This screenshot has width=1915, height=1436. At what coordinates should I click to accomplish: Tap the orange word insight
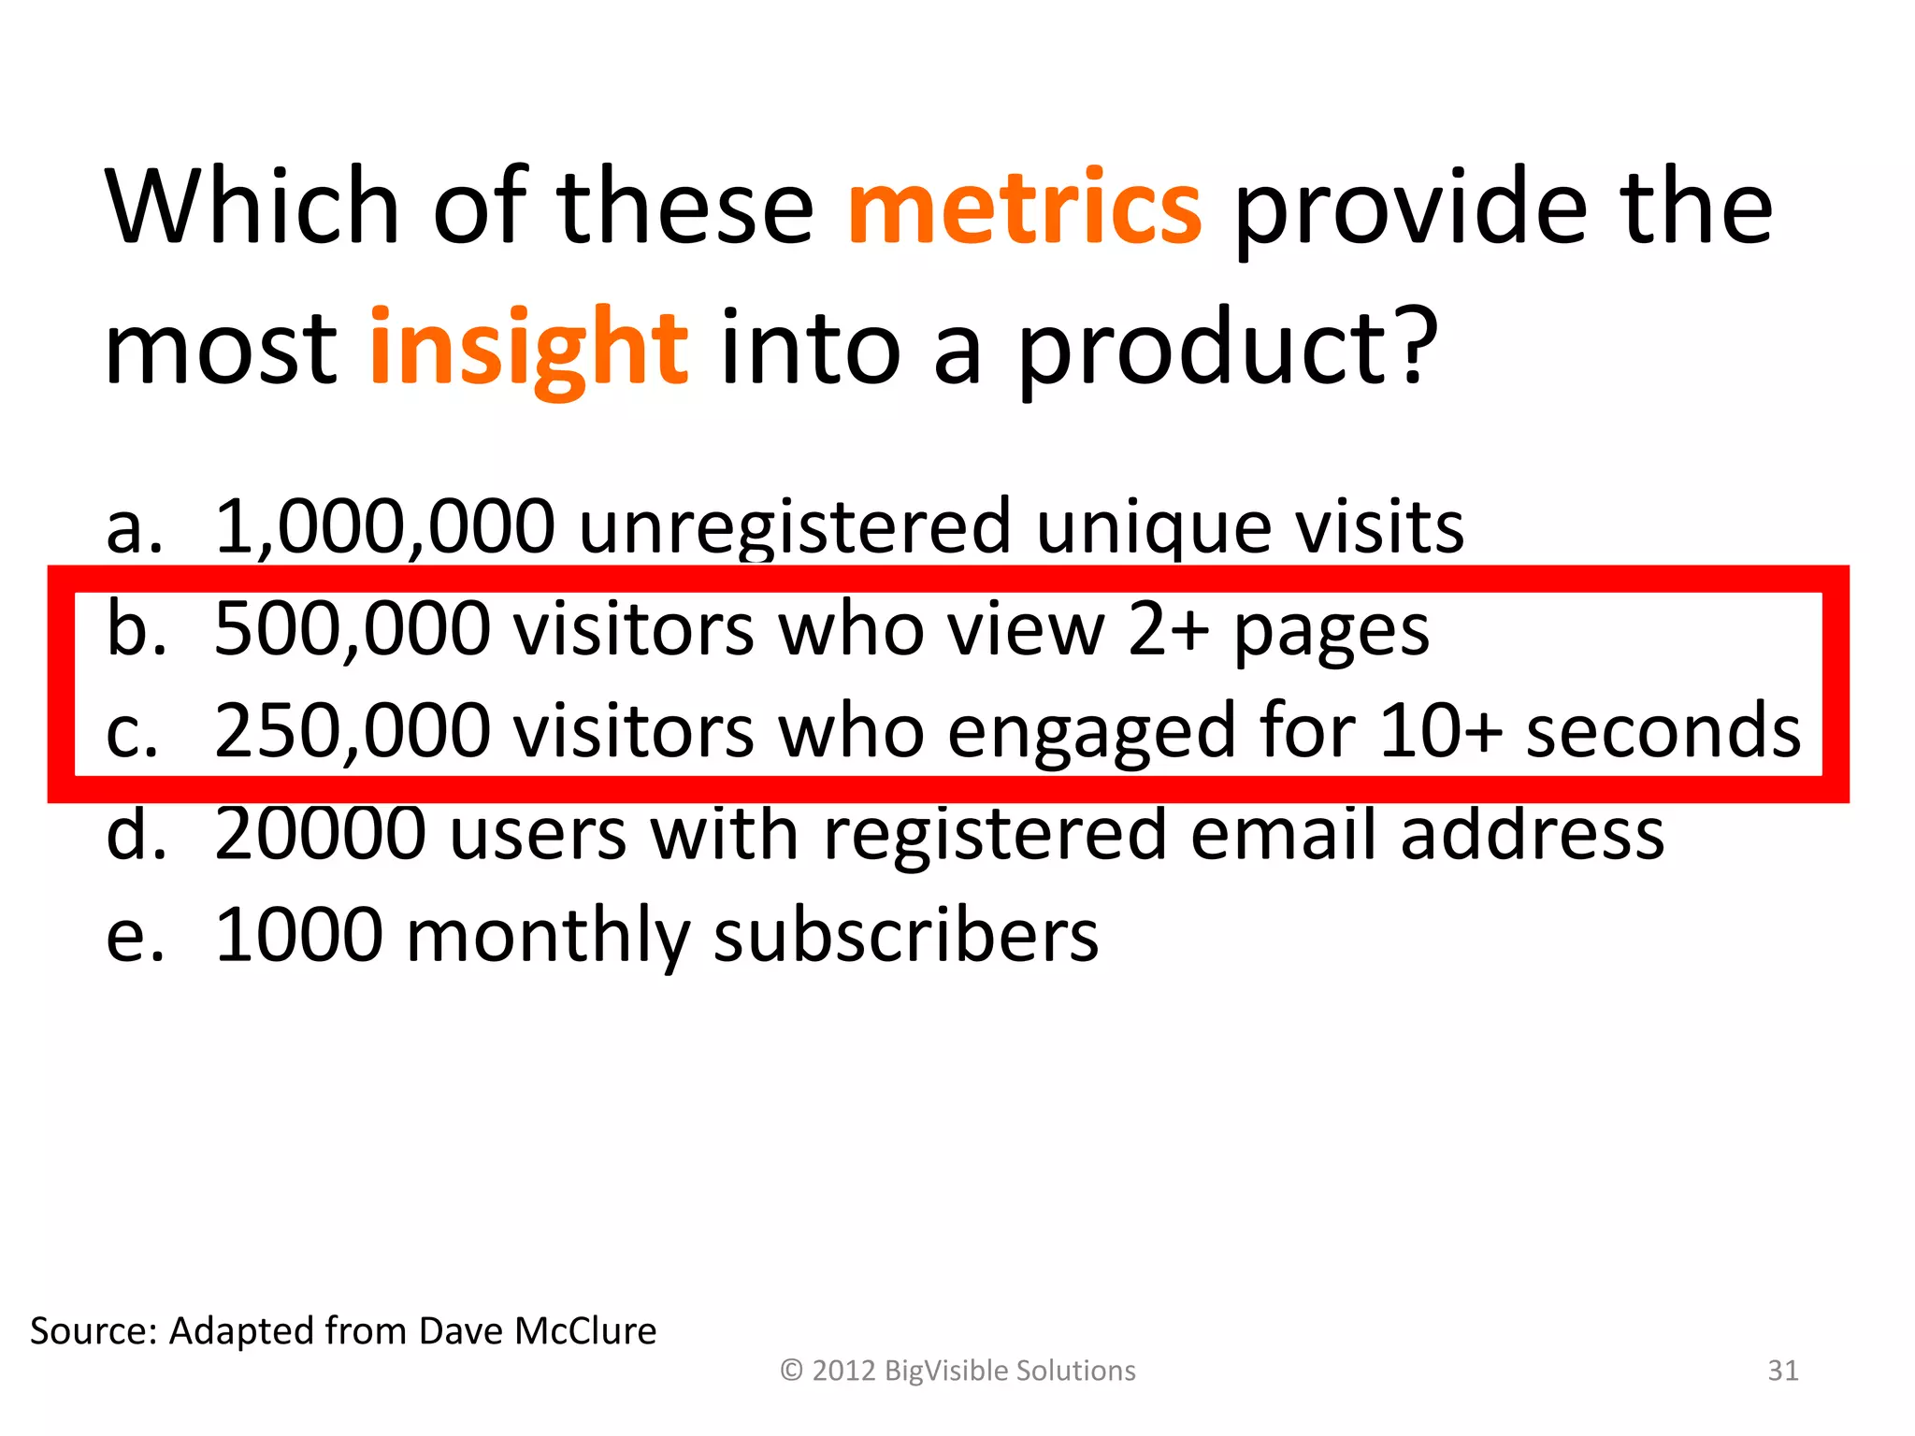529,348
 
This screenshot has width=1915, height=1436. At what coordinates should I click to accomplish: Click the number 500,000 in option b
353,628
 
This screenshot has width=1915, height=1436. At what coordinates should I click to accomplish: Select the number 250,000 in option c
353,730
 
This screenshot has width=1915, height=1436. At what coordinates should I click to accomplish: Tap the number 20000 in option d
321,833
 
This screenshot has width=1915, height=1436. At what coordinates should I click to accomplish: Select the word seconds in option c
1663,730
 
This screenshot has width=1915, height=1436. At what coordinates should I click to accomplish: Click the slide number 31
1782,1371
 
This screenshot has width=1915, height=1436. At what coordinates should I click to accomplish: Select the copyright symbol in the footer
791,1371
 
